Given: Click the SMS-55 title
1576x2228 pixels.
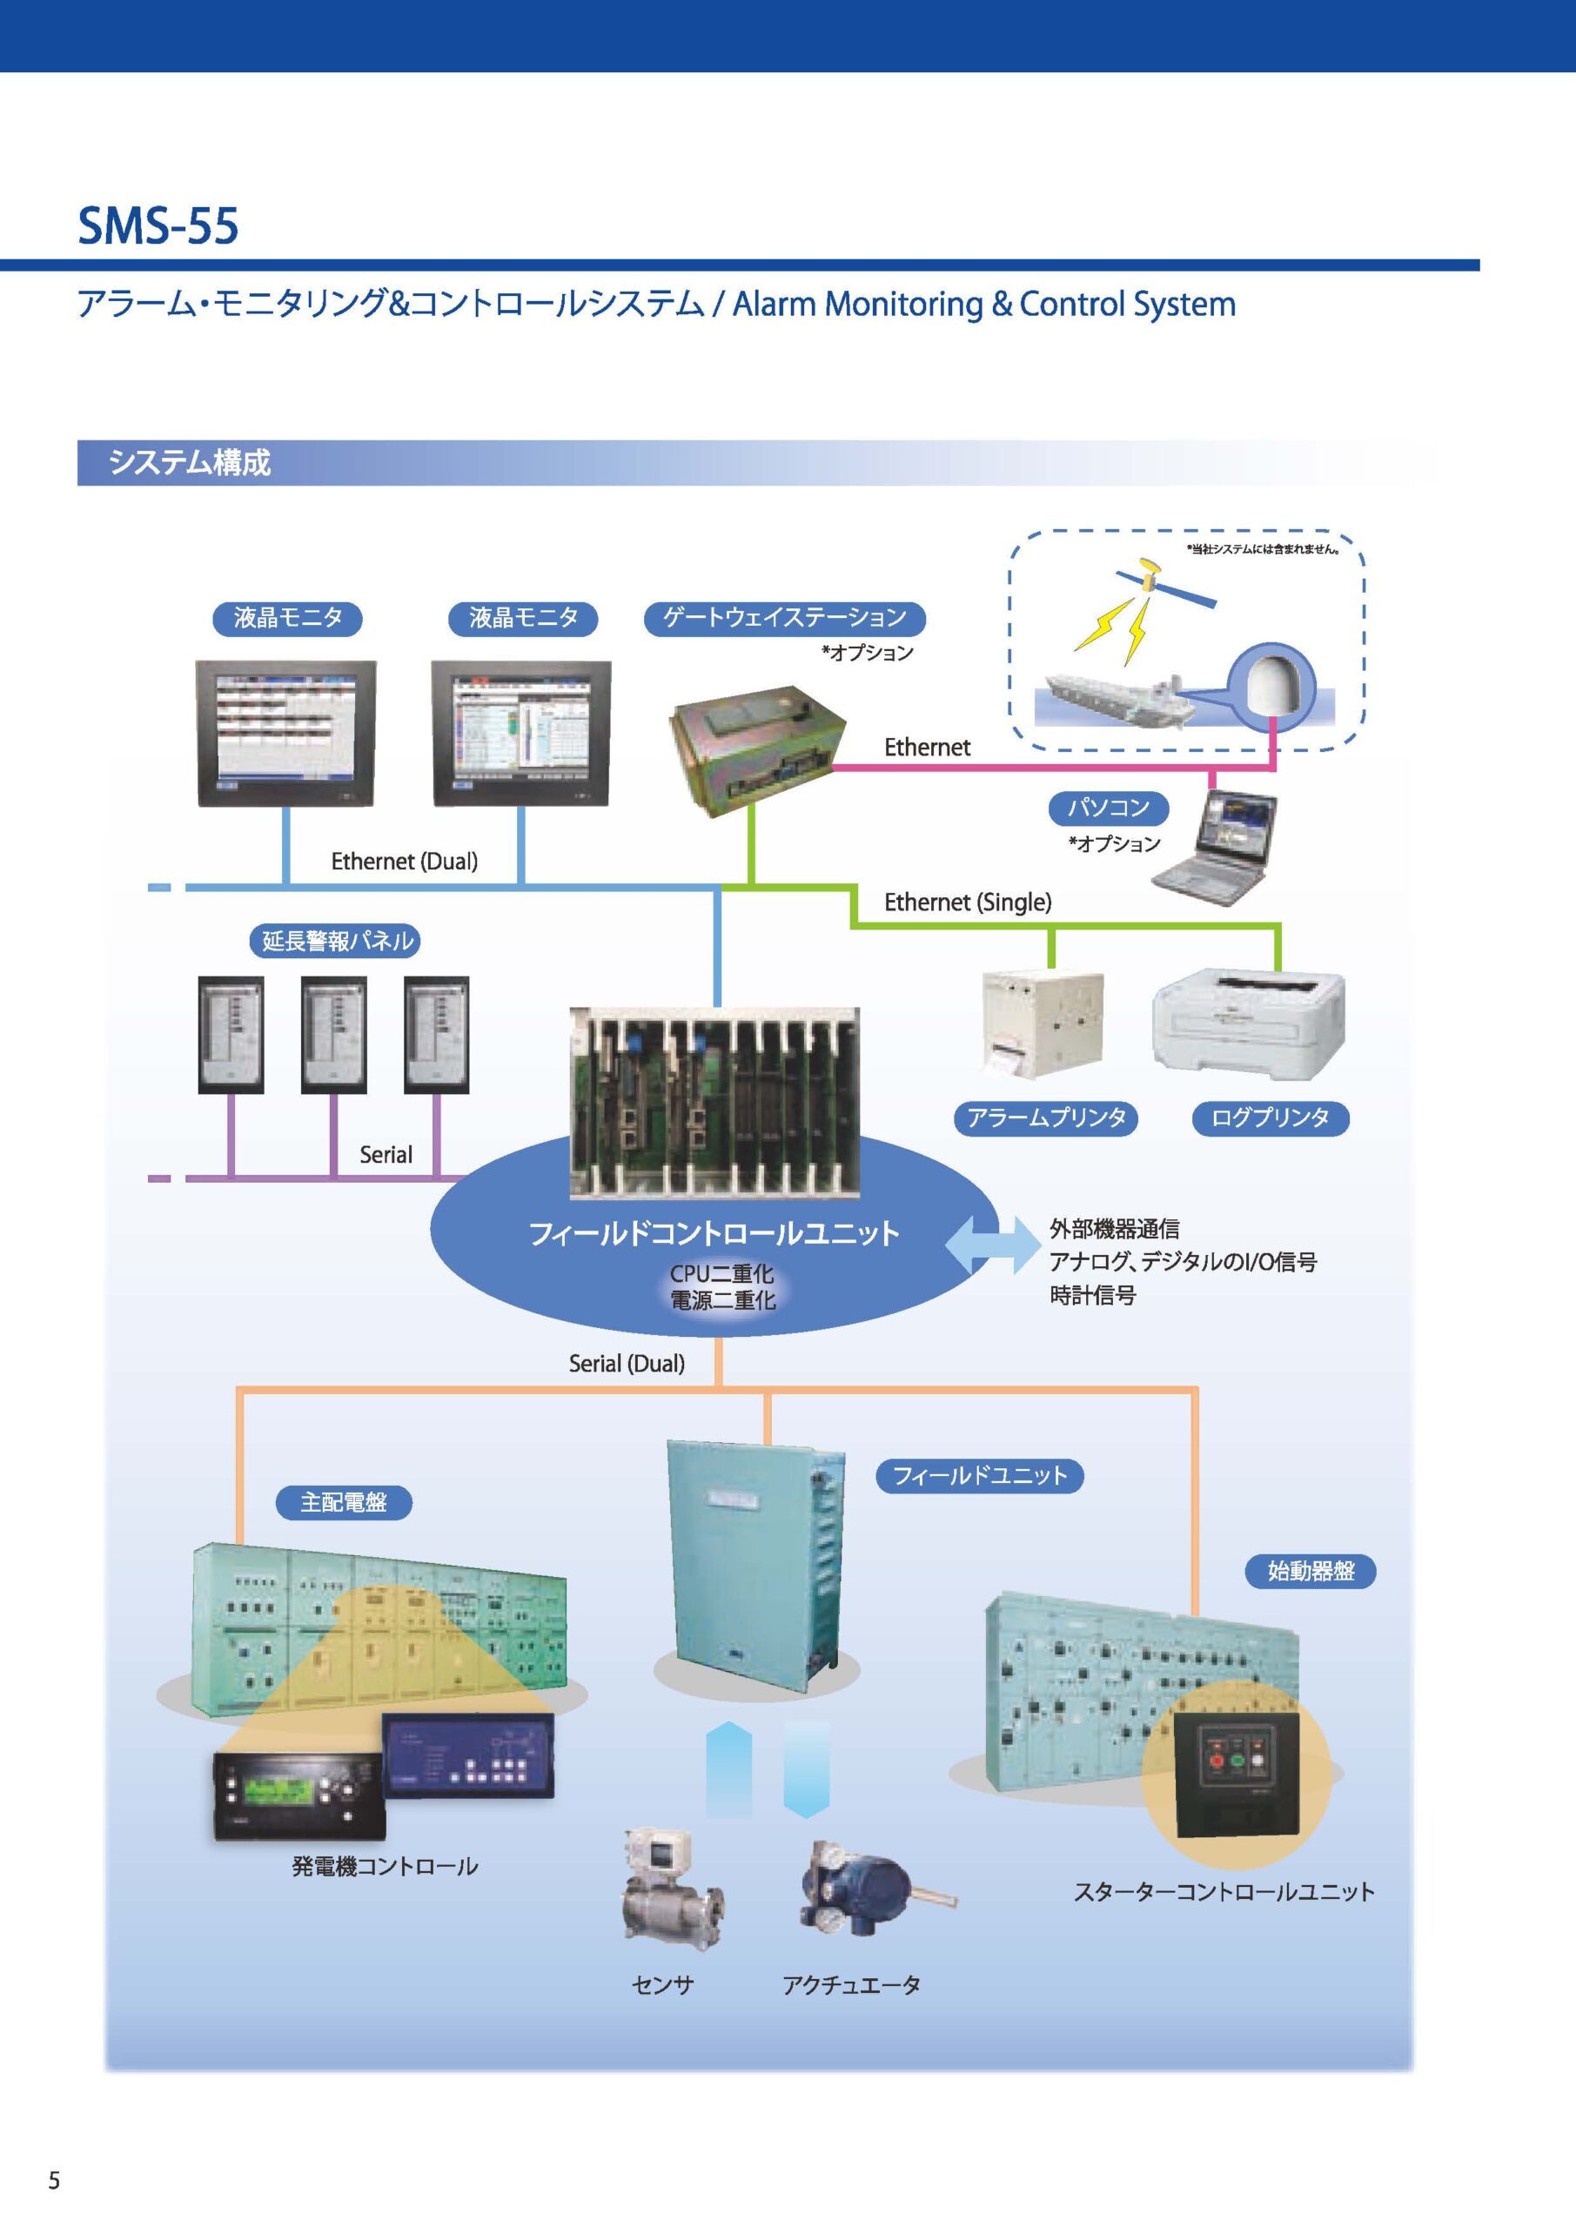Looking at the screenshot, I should [x=158, y=226].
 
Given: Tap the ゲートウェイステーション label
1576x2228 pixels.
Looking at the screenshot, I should [x=784, y=618].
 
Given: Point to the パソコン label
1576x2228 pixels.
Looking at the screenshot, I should [x=1108, y=808].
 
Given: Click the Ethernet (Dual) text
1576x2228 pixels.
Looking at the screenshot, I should [x=404, y=862].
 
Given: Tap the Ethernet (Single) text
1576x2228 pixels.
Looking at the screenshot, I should [x=968, y=903].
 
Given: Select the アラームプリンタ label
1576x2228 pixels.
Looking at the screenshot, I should [x=1045, y=1117].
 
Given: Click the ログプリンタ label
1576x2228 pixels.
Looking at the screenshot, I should [x=1270, y=1117].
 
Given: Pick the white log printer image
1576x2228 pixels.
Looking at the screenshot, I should [x=1249, y=1022].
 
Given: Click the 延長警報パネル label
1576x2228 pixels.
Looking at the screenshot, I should [x=337, y=942].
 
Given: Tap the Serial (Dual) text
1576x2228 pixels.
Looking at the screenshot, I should [x=626, y=1364].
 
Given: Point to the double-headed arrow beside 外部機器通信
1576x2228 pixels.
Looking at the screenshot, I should [x=992, y=1245].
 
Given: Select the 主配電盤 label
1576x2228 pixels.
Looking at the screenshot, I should [x=344, y=1503].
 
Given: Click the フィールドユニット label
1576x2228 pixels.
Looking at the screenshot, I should [x=979, y=1477].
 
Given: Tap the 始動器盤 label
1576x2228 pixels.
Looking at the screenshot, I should [x=1310, y=1571].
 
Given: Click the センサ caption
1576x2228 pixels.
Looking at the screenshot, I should [x=663, y=1985].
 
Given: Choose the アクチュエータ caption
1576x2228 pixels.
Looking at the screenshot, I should [x=851, y=1985].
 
